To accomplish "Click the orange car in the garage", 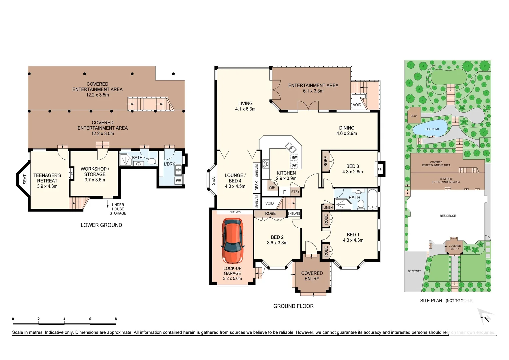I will coord(232,240).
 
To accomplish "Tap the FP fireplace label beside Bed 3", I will coord(380,169).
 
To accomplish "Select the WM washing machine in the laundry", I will coord(179,181).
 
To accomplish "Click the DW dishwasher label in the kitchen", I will coord(294,165).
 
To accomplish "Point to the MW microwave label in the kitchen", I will coord(294,158).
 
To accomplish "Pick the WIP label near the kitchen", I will coord(272,187).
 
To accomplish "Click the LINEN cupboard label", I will coord(328,207).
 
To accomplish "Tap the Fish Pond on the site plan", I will coord(432,129).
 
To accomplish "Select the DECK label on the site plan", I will coord(414,116).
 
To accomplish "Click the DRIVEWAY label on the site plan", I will coord(414,271).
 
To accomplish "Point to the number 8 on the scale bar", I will coord(116,319).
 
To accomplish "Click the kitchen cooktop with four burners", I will coord(266,164).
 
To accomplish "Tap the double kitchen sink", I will coord(290,147).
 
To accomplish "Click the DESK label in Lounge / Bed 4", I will coord(257,186).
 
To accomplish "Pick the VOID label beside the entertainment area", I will coord(357,105).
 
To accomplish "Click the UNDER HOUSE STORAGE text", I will coord(118,209).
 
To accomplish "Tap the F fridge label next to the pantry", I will coord(284,192).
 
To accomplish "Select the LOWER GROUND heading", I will coord(101,225).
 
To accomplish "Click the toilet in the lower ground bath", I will coord(152,162).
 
